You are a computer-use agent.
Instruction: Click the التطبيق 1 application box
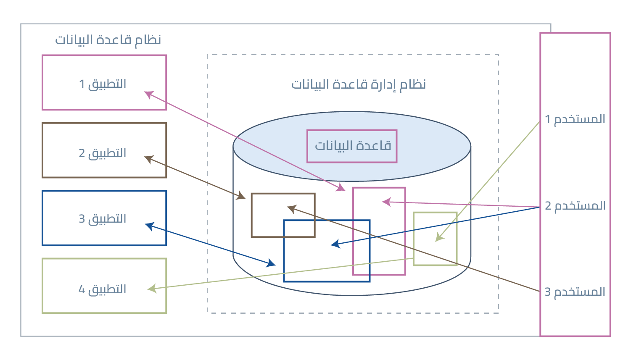coord(104,83)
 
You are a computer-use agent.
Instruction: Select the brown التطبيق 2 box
coord(104,150)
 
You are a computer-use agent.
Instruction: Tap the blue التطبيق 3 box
coord(104,218)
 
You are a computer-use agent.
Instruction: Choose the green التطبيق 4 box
coord(104,286)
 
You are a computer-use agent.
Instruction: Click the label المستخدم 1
coord(575,119)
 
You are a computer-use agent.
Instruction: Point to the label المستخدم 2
coord(575,206)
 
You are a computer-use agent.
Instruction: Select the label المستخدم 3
coord(575,292)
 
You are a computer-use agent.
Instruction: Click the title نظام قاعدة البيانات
coord(108,40)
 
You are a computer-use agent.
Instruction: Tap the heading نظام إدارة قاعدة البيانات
coord(359,84)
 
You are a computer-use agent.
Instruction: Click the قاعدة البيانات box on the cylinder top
coord(352,146)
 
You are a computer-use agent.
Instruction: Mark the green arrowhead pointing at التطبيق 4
coord(152,289)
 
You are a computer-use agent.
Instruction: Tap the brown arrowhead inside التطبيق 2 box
coord(148,159)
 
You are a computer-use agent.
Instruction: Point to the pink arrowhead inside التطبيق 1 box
coord(148,94)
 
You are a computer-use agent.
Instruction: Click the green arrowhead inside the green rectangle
coord(439,238)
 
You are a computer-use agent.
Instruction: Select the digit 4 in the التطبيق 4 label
coord(82,289)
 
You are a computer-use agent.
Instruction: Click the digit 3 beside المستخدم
coord(548,292)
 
